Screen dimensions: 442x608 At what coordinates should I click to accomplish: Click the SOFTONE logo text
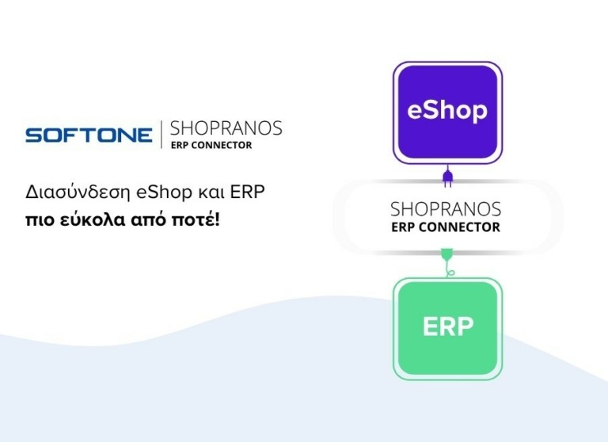[x=89, y=135]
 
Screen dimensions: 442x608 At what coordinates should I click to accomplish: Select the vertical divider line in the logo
[x=161, y=135]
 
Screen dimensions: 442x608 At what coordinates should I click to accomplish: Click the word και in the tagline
[x=188, y=192]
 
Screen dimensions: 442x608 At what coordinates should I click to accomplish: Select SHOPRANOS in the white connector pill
[x=446, y=209]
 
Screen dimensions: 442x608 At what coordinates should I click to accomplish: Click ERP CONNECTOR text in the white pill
[x=446, y=227]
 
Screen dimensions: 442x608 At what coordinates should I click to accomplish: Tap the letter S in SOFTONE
[x=33, y=135]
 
